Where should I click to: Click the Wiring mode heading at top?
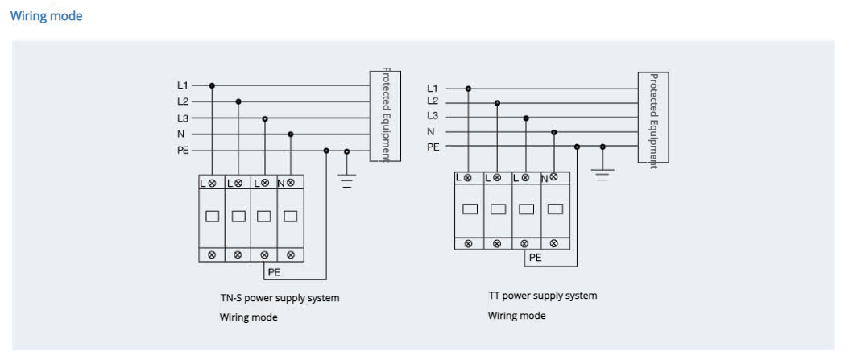(x=46, y=16)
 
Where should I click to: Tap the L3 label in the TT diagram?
(x=433, y=116)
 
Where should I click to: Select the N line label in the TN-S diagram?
(x=182, y=134)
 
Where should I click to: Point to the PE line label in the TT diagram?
(x=433, y=147)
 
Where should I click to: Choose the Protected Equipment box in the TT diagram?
(x=652, y=118)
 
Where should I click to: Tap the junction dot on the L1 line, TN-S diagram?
(x=212, y=85)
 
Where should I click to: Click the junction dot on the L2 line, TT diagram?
(x=497, y=102)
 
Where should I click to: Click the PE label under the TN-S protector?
(x=274, y=272)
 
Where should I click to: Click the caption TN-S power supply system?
(x=280, y=298)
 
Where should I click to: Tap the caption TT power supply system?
(x=542, y=296)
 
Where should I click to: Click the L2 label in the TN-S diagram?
(x=183, y=101)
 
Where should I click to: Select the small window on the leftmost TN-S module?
(x=212, y=216)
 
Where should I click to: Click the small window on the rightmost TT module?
(x=554, y=209)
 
